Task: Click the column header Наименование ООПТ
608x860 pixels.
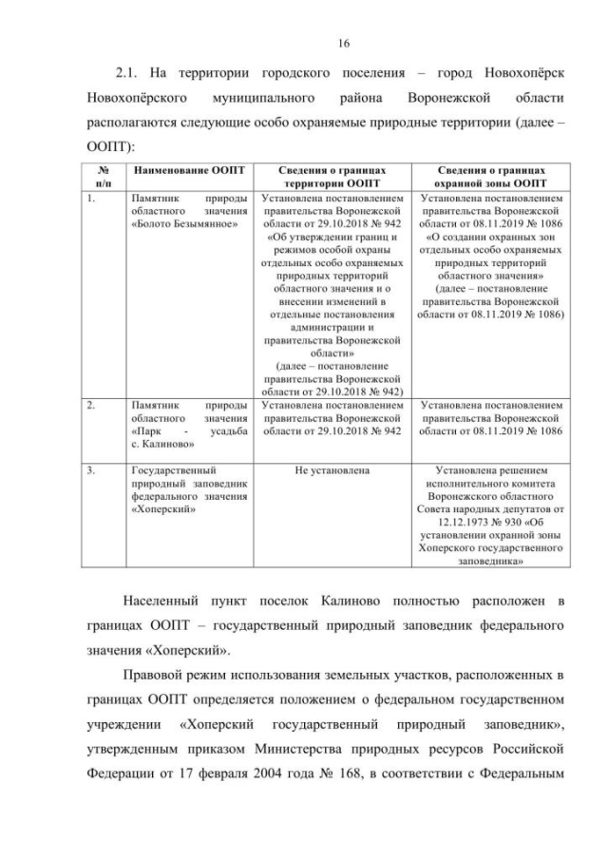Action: (188, 170)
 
